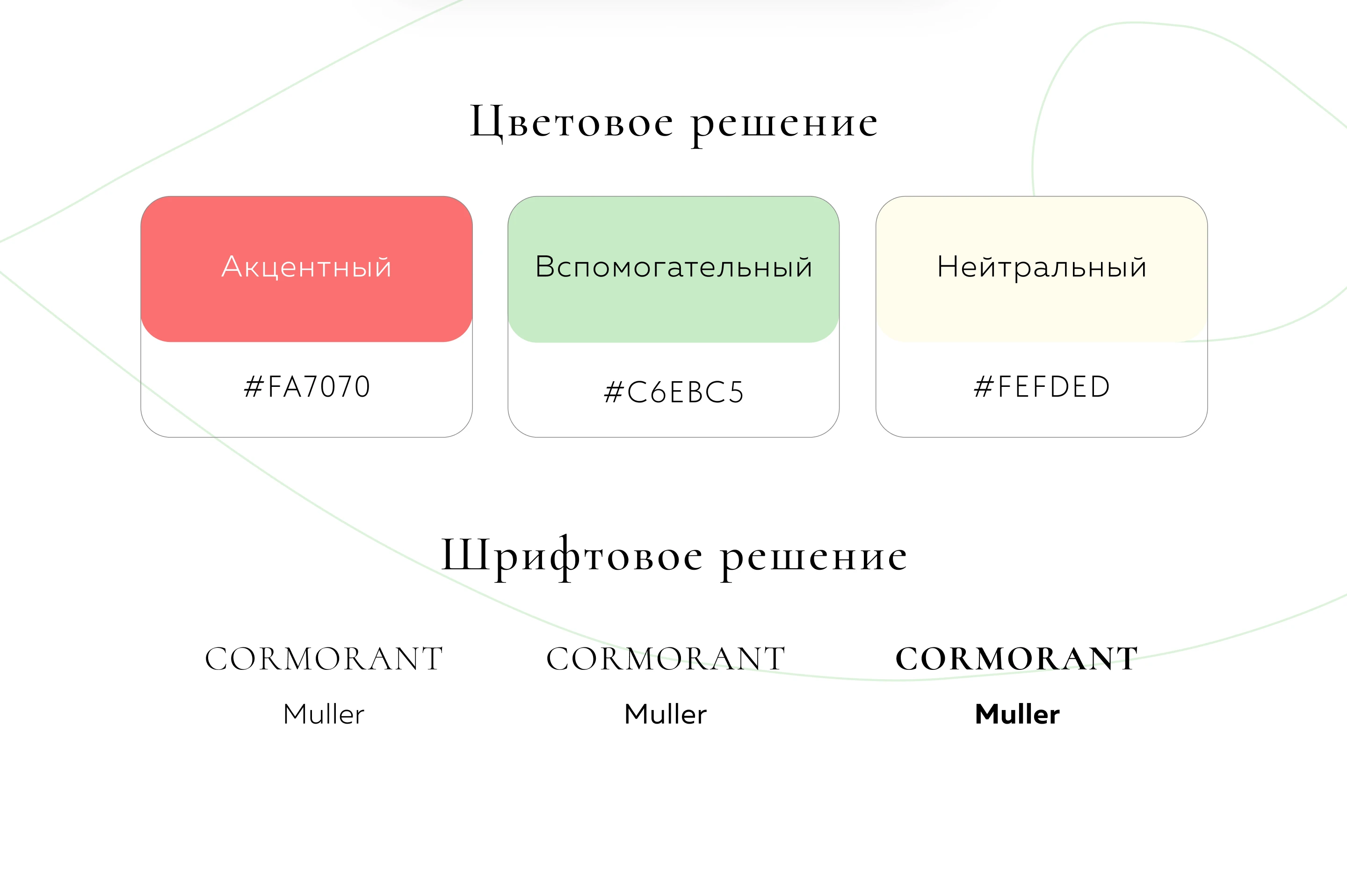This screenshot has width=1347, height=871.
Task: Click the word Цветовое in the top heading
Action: (572, 122)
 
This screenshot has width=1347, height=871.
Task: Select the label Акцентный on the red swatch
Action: (306, 268)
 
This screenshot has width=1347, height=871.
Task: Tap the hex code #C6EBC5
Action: (673, 392)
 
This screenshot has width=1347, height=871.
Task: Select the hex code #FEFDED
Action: (1042, 387)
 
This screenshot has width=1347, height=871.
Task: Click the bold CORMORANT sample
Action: (1017, 659)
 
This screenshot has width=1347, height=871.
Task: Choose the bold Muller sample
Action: (1017, 714)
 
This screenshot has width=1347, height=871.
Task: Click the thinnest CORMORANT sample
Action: (324, 659)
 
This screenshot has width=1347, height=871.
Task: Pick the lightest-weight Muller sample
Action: (324, 714)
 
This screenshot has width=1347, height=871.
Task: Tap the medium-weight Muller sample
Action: (666, 714)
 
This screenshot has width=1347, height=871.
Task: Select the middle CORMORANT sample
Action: (666, 659)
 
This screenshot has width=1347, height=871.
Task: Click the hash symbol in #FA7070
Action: (254, 387)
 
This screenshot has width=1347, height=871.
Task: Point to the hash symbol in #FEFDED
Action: (984, 387)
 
